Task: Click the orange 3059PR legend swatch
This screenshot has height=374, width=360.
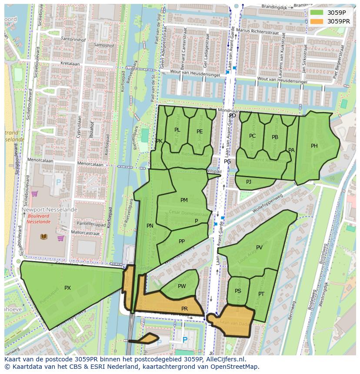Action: (317, 21)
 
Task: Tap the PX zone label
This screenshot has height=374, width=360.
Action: (67, 288)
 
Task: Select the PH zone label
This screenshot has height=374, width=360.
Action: (314, 146)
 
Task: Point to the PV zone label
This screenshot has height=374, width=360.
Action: (259, 248)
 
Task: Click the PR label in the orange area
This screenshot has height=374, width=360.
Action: (184, 309)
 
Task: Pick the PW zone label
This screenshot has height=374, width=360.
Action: (182, 286)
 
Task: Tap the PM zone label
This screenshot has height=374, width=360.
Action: (184, 200)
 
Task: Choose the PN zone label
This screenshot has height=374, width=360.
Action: (150, 226)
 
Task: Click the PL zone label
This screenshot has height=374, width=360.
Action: (177, 130)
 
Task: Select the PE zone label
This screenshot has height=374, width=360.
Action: (200, 132)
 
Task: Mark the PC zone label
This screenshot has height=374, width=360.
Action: (253, 136)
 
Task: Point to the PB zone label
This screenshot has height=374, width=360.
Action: (275, 137)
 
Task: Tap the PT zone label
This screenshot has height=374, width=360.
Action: (261, 294)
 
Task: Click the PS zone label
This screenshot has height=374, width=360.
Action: (238, 291)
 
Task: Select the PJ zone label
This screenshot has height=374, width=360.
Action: (249, 182)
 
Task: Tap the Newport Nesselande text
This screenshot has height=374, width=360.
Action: (50, 209)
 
